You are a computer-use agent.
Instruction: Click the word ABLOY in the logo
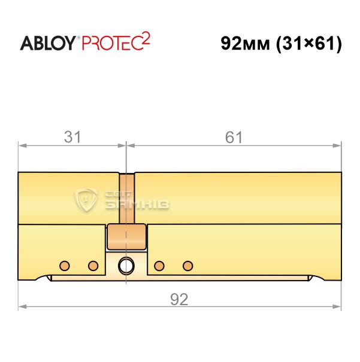tap(47, 43)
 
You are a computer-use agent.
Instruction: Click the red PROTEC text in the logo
tap(112, 43)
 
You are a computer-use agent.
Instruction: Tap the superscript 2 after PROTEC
tap(146, 38)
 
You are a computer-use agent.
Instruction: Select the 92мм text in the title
tap(246, 44)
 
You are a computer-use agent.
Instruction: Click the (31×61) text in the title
tap(309, 44)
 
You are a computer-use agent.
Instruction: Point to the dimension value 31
tap(72, 137)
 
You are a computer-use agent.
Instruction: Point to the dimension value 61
tap(234, 137)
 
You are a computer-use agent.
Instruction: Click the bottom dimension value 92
tap(179, 299)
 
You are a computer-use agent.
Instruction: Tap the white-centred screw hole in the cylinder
tap(126, 266)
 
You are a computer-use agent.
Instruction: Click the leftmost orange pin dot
tap(65, 266)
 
